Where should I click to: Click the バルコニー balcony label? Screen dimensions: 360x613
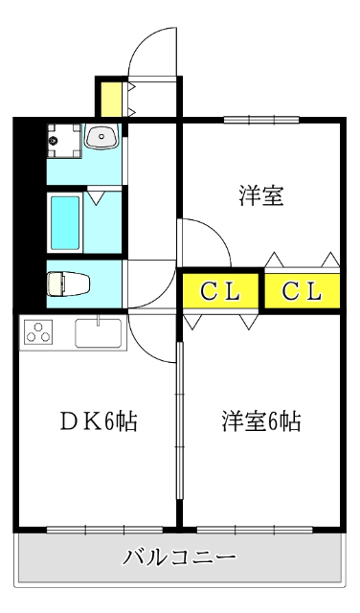pyautogui.click(x=179, y=556)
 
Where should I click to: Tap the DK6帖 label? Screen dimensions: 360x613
pyautogui.click(x=99, y=421)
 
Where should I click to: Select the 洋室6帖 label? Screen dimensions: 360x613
pyautogui.click(x=261, y=421)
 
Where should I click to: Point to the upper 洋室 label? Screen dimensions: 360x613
pyautogui.click(x=261, y=195)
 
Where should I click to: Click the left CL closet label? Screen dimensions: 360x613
pyautogui.click(x=220, y=291)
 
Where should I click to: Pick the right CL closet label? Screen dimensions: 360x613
pyautogui.click(x=303, y=291)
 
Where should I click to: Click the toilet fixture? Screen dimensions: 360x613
pyautogui.click(x=68, y=284)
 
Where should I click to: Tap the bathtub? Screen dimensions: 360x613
pyautogui.click(x=65, y=222)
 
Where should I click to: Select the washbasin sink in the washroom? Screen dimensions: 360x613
pyautogui.click(x=102, y=136)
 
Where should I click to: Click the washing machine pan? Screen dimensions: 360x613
pyautogui.click(x=64, y=141)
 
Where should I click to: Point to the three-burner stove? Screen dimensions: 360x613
pyautogui.click(x=38, y=332)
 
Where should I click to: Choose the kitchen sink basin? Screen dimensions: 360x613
pyautogui.click(x=98, y=333)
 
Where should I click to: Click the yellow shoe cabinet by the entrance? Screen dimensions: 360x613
pyautogui.click(x=111, y=99)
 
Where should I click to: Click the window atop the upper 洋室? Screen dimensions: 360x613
pyautogui.click(x=261, y=119)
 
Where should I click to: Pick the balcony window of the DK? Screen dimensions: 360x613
pyautogui.click(x=104, y=530)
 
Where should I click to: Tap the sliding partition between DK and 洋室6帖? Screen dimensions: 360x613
pyautogui.click(x=179, y=420)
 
